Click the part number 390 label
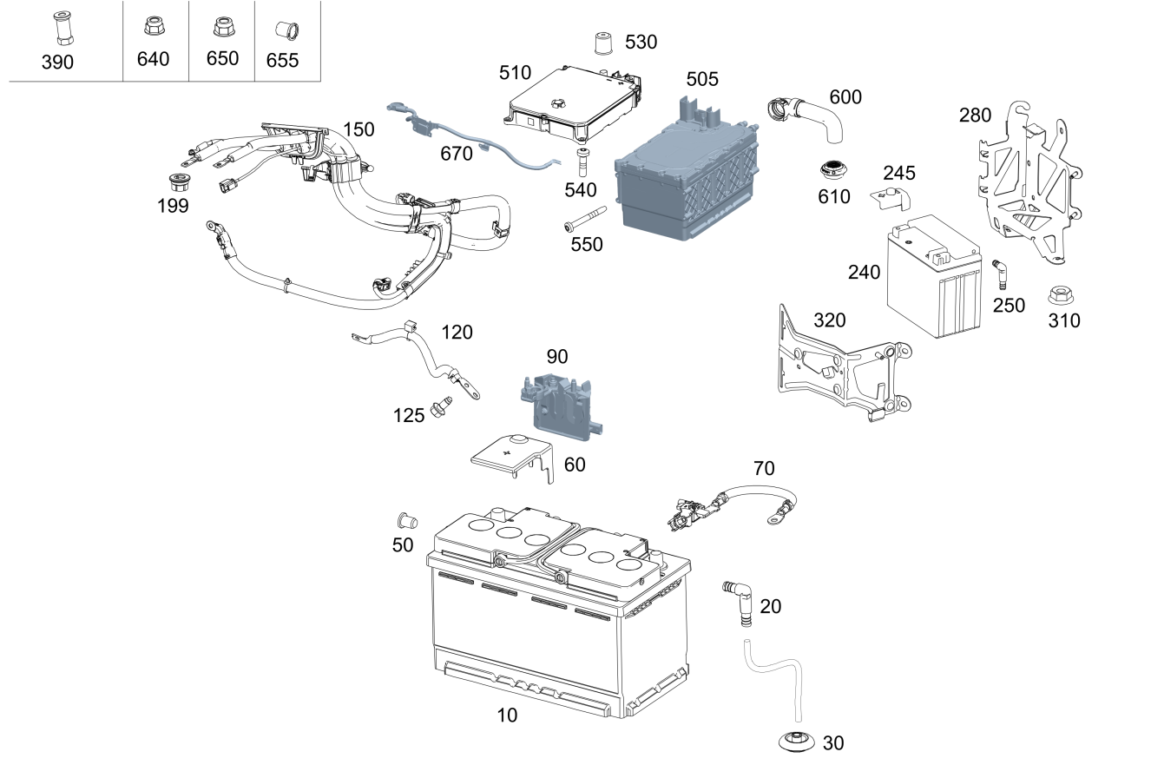point(57,62)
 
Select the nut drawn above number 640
point(153,29)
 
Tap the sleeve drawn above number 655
point(283,31)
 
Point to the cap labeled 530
point(601,43)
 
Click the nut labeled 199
point(179,183)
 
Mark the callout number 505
point(702,80)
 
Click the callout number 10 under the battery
point(506,716)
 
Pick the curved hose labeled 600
point(808,116)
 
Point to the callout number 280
point(975,115)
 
